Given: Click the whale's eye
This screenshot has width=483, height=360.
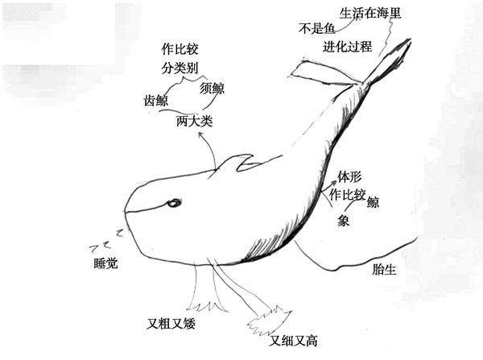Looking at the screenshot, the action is click(x=171, y=204).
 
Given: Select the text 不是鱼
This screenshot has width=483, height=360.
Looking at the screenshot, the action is click(x=316, y=29).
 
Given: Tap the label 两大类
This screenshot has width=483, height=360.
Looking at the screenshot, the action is click(x=195, y=122).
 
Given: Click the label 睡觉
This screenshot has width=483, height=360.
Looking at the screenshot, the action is click(x=105, y=263).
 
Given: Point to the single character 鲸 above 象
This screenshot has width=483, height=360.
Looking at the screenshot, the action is click(x=374, y=202).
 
